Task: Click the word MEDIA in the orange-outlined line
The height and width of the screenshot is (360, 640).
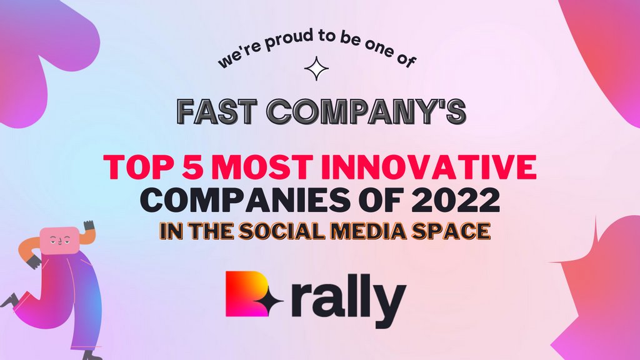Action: [366, 230]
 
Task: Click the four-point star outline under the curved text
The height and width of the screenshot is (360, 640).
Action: [316, 69]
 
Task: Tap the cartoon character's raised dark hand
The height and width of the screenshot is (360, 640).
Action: [89, 225]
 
